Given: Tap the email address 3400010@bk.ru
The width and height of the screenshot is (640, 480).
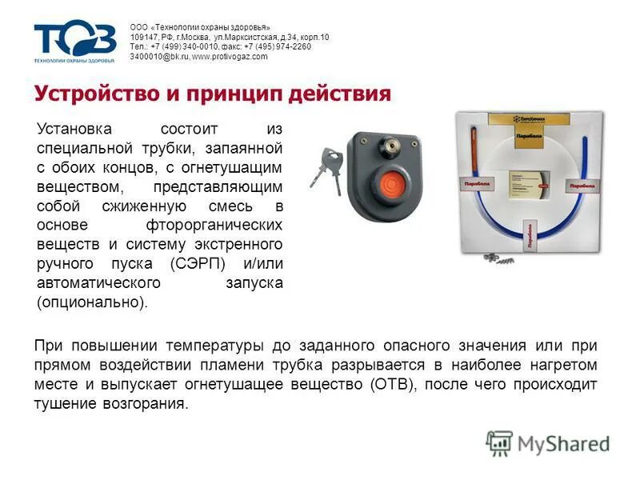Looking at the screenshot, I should click(x=159, y=57).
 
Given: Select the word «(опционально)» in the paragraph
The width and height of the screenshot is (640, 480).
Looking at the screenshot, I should click(x=92, y=303).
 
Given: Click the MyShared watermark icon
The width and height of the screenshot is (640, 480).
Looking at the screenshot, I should click(x=499, y=443).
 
